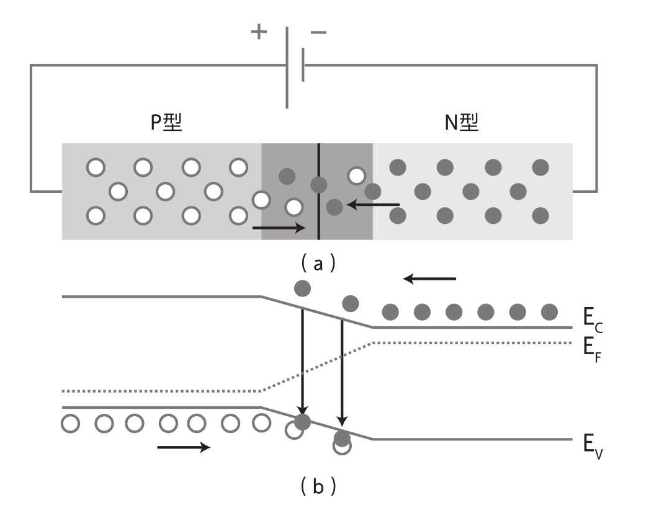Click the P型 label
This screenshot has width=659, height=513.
(x=166, y=122)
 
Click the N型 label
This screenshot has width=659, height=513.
(x=462, y=122)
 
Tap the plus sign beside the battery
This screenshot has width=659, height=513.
(x=259, y=32)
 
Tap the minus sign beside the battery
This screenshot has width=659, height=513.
(x=318, y=32)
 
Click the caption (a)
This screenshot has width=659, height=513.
(x=318, y=264)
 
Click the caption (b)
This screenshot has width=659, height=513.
(x=318, y=486)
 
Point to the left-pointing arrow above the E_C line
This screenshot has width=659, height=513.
(x=429, y=279)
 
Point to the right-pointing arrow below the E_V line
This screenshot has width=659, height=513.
(x=184, y=447)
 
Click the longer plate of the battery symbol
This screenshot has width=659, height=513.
(x=287, y=67)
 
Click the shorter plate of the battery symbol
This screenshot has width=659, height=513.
(x=303, y=65)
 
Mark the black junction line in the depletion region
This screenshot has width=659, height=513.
(x=318, y=192)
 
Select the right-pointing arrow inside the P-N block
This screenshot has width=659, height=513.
(x=279, y=228)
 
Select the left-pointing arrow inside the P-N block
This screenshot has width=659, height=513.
(x=373, y=205)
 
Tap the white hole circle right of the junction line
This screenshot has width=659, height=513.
(x=357, y=176)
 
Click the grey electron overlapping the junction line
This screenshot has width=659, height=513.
(x=318, y=185)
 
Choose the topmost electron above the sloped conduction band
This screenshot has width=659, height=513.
(x=303, y=288)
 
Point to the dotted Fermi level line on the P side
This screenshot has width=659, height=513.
(x=161, y=391)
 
